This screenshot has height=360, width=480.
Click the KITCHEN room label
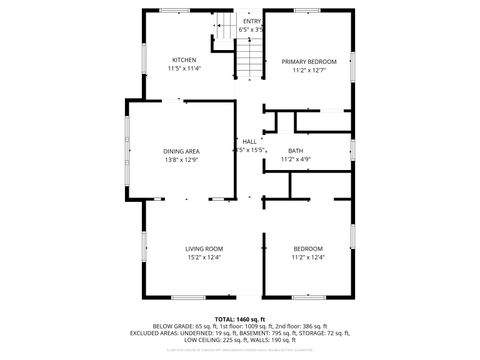184,60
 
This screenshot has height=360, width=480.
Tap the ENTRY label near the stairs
251,21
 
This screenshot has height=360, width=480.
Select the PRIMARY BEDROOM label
308,61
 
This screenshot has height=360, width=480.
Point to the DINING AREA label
181,151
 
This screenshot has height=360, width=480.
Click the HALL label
249,142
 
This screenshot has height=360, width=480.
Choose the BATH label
296,150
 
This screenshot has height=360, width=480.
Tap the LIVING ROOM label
203,248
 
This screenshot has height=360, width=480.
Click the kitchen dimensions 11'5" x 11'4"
184,69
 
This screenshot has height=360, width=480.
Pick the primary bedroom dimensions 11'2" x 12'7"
308,70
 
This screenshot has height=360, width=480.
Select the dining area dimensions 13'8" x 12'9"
181,160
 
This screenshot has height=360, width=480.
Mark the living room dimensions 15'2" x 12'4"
203,257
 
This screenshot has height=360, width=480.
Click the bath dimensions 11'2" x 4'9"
296,159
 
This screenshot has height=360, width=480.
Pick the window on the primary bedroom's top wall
307,11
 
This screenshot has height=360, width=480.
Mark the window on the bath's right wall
353,149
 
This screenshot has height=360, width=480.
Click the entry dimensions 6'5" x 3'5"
251,30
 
